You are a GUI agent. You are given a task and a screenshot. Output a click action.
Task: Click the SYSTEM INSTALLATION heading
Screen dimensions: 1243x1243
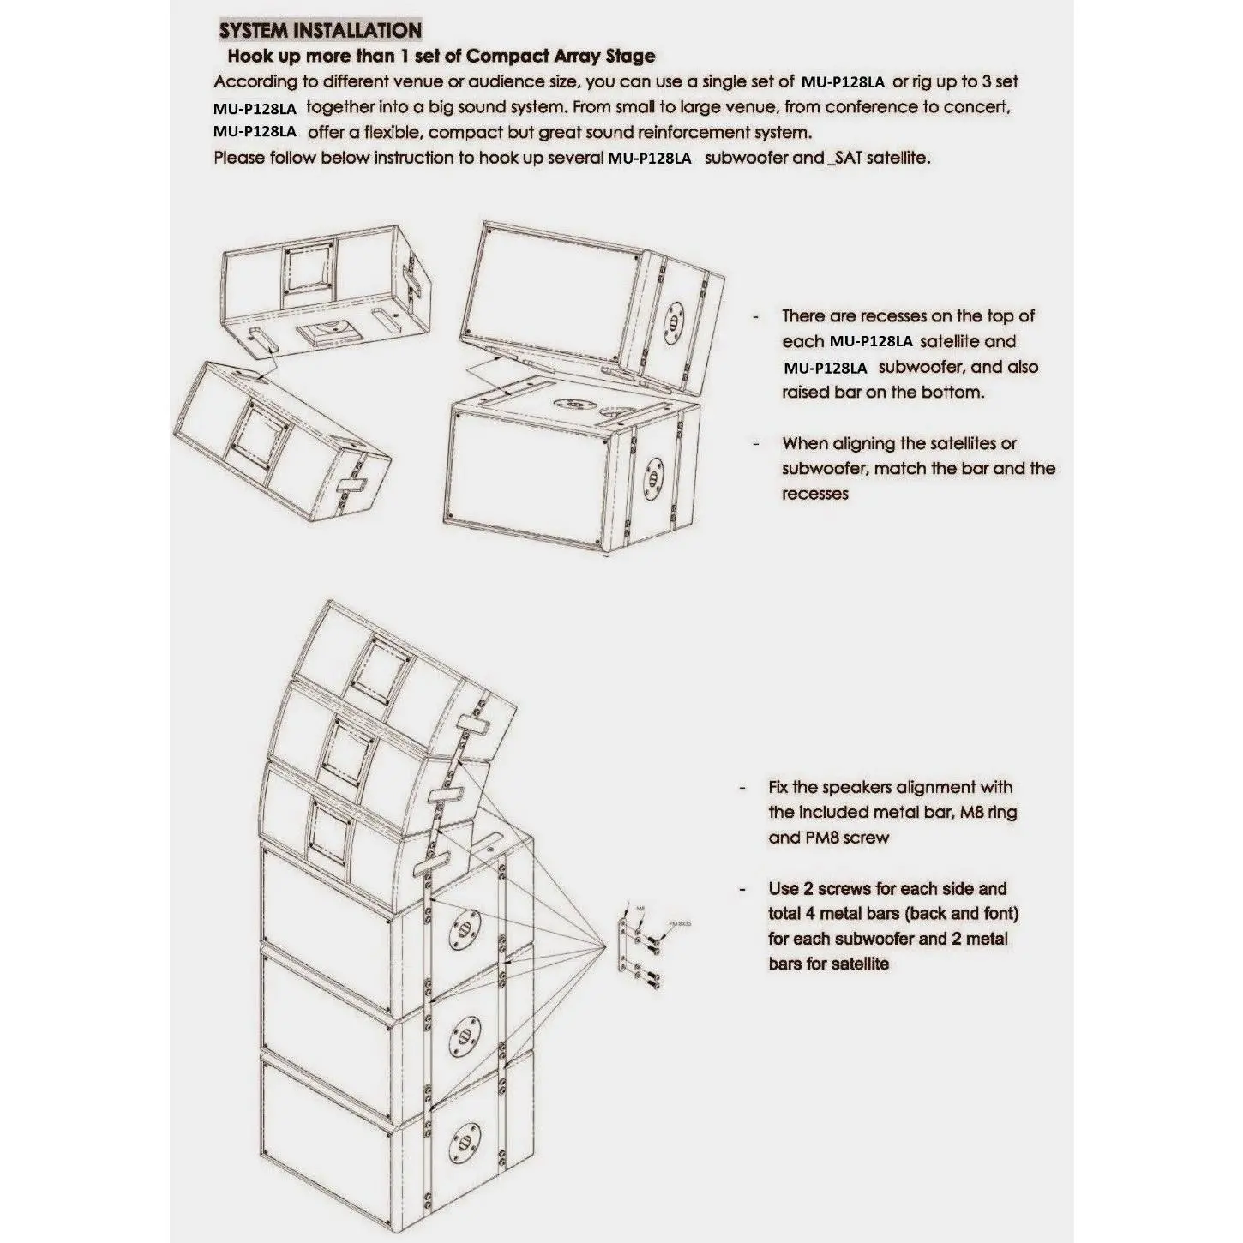(321, 31)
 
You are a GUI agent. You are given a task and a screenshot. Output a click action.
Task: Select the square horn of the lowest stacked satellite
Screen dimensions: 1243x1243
(330, 828)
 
